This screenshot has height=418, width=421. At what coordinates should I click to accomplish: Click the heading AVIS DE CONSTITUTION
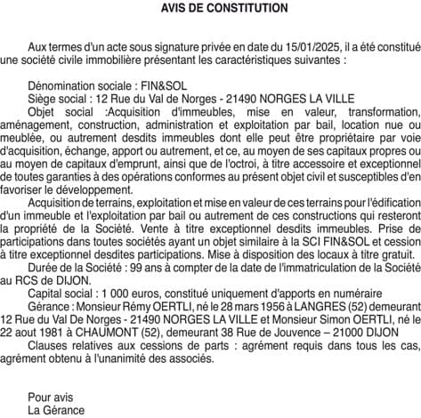[x=211, y=8]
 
